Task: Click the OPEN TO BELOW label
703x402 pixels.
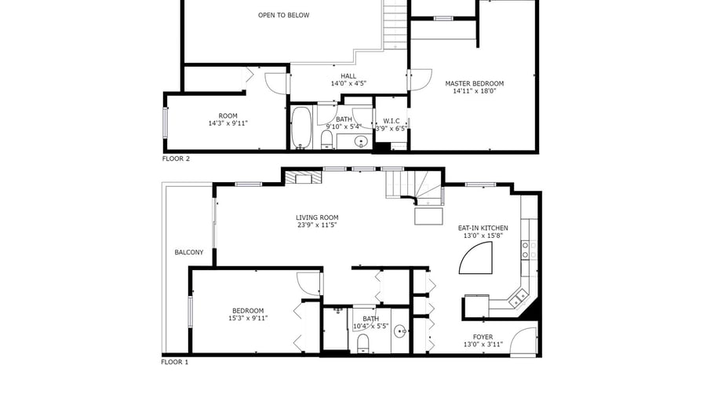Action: [x=283, y=15]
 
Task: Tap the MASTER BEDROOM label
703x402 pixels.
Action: [x=475, y=83]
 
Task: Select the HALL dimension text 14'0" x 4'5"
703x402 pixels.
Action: [x=348, y=83]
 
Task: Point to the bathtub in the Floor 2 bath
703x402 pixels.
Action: [x=301, y=127]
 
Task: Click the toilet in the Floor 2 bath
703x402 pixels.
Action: [x=327, y=140]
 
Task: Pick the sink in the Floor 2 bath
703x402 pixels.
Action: [x=360, y=142]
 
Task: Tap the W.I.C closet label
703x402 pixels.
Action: [x=392, y=121]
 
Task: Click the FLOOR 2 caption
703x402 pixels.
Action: [x=176, y=159]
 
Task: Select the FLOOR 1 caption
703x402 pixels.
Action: [x=175, y=362]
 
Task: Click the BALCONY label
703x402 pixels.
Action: [x=189, y=252]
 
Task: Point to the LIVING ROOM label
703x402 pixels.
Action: [x=317, y=217]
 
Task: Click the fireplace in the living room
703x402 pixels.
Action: [x=304, y=178]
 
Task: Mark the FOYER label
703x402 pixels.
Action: [x=483, y=337]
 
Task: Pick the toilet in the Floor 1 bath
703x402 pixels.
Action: [x=362, y=343]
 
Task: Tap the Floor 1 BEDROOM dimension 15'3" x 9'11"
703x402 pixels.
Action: [x=248, y=318]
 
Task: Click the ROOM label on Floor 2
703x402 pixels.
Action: [x=228, y=115]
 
